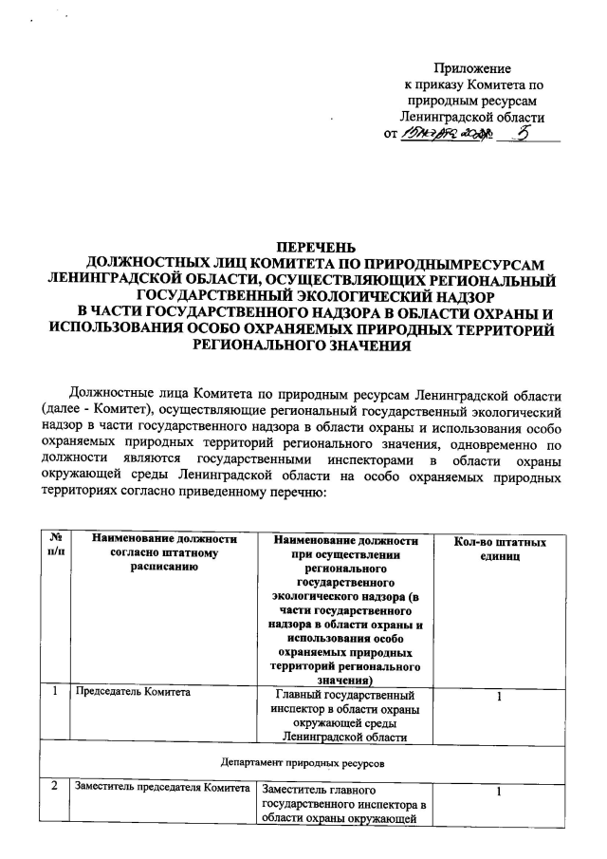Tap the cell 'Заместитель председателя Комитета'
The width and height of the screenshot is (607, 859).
(162, 790)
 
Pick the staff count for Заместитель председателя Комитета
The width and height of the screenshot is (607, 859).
(498, 794)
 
